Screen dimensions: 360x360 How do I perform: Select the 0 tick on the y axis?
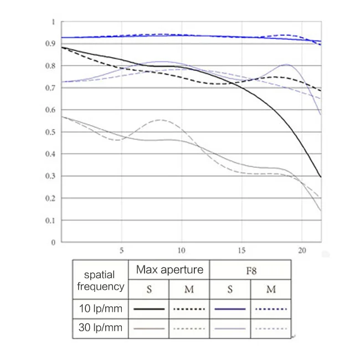[x=53, y=243]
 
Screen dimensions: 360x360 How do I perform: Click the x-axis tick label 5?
[x=121, y=250]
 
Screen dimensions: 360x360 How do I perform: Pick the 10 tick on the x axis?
[x=181, y=250]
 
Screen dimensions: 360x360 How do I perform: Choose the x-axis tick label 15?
[x=241, y=250]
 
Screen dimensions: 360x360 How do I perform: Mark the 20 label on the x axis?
[x=301, y=250]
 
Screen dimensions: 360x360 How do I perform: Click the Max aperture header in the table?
[x=169, y=270]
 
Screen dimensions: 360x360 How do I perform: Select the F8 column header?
[x=250, y=270]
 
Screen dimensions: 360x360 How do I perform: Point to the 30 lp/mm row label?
[x=100, y=328]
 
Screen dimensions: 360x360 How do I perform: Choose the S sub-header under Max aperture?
[x=148, y=289]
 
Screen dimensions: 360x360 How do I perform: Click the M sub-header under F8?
[x=271, y=289]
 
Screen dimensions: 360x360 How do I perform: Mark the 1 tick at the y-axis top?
[x=53, y=22]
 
